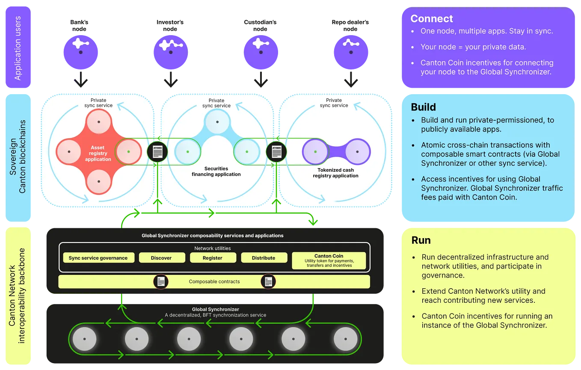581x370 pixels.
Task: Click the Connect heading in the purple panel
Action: pos(431,19)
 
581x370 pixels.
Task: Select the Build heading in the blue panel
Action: pos(423,107)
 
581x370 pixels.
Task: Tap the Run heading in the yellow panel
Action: pos(421,240)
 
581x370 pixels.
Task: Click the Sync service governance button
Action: pos(98,258)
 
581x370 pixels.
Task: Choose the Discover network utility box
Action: pos(161,258)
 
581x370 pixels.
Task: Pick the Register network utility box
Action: pos(213,258)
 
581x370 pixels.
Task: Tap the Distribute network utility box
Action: pos(264,258)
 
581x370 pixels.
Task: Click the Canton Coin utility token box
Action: pos(329,260)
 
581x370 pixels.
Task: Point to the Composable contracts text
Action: pos(214,282)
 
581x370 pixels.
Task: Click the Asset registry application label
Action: pos(98,153)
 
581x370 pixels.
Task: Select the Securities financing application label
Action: pos(216,171)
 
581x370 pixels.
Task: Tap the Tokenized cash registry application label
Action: pos(335,173)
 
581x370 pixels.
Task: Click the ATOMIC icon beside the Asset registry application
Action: pos(157,152)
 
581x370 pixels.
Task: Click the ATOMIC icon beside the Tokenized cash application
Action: pos(276,152)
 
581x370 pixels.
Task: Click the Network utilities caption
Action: pos(212,248)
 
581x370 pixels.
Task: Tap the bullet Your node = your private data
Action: pos(473,47)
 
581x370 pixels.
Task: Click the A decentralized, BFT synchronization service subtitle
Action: pos(216,315)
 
